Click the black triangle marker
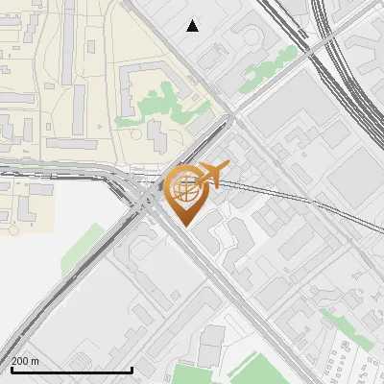point(193,26)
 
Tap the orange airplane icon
point(212,176)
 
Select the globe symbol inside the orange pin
point(186,186)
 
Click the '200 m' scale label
point(25,361)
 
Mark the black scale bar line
point(71,370)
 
